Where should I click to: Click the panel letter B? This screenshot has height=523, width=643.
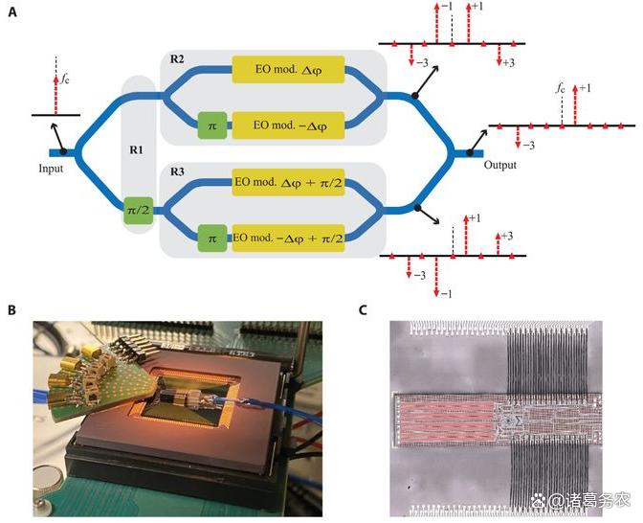click(x=12, y=310)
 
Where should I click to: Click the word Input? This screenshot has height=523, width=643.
click(x=54, y=168)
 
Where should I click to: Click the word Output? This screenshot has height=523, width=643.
click(x=499, y=165)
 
